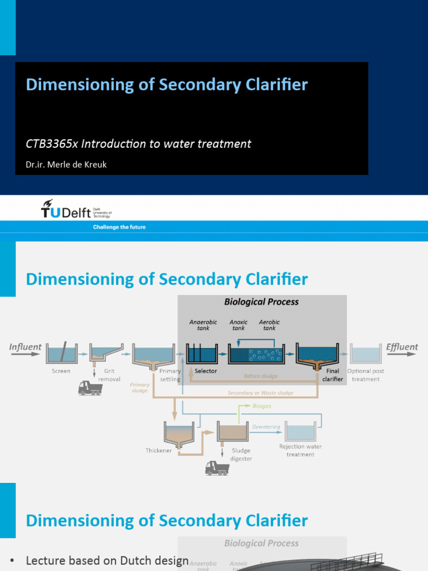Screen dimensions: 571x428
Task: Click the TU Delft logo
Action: [x=76, y=210]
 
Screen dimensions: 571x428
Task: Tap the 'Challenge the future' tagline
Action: [x=119, y=228]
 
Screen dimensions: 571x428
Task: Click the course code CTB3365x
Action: [x=52, y=144]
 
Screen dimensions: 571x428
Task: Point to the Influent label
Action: [x=25, y=347]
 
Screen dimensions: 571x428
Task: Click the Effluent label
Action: [x=402, y=347]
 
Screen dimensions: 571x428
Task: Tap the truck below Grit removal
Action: [x=90, y=388]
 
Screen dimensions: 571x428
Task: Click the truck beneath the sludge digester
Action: [x=217, y=468]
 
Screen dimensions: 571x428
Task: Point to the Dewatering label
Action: [x=266, y=427]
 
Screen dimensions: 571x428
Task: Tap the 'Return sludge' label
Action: [x=260, y=376]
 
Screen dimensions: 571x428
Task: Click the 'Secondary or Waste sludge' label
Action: [x=261, y=393]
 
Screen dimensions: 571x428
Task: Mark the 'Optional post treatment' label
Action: [x=366, y=375]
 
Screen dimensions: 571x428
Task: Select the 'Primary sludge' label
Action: [x=139, y=388]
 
